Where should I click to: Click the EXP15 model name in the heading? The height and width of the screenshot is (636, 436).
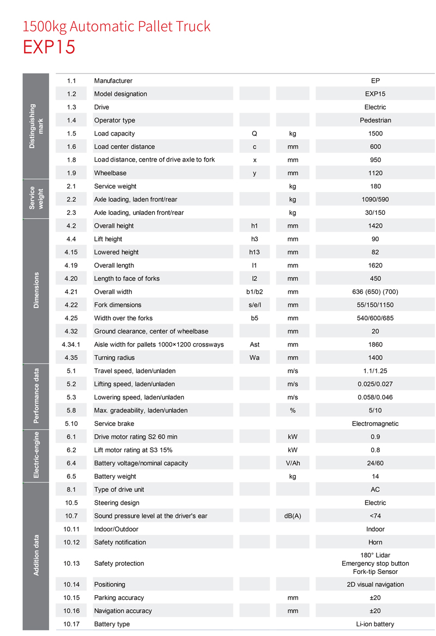click(x=49, y=47)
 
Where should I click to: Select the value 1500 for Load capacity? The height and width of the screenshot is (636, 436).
click(x=375, y=133)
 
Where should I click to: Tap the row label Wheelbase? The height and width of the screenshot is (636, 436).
click(x=110, y=173)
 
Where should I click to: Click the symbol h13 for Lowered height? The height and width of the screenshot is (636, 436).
click(x=255, y=252)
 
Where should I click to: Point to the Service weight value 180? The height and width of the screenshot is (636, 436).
click(x=375, y=186)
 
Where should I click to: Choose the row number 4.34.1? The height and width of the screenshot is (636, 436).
click(x=71, y=344)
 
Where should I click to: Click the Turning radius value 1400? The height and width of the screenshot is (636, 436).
click(x=375, y=357)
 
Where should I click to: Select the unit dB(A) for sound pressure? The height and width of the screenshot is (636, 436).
click(x=293, y=516)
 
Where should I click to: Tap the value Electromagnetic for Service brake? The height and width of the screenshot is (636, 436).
click(x=375, y=423)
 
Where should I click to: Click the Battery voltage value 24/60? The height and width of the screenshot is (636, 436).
click(x=375, y=463)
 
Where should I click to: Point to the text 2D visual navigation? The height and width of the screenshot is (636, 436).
click(x=375, y=584)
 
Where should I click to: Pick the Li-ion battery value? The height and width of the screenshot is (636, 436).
click(x=375, y=624)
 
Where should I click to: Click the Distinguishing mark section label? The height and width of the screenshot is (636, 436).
click(x=36, y=126)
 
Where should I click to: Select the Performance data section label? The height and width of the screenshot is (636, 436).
click(x=37, y=396)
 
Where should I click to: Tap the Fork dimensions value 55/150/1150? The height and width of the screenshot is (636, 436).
click(x=375, y=305)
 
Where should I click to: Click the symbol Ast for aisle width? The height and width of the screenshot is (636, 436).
click(x=255, y=344)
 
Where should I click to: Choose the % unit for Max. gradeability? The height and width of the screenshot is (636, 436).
click(x=293, y=410)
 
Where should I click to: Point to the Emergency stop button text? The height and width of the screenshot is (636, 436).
click(x=375, y=563)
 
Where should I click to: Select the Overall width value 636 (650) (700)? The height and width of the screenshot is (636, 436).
click(x=375, y=292)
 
